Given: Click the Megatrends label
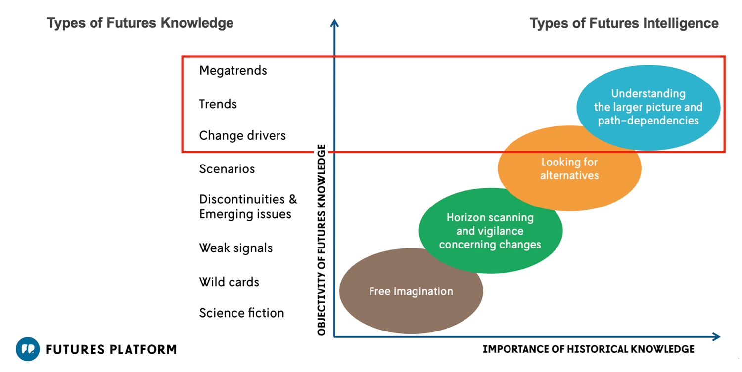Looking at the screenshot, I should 233,71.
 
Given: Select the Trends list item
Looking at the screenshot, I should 218,104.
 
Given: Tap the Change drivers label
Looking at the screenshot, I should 242,136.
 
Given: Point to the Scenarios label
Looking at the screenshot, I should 227,169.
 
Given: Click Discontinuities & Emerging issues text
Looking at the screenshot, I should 248,207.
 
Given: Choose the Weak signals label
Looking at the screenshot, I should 235,248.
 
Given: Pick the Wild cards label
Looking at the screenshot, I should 229,282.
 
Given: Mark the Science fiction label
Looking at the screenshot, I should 241,313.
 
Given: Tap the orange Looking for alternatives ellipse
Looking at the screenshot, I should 569,168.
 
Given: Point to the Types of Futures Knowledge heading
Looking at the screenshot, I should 140,23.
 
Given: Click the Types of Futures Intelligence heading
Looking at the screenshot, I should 624,23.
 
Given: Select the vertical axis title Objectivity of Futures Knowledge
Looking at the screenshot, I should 322,240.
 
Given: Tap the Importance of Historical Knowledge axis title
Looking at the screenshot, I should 588,349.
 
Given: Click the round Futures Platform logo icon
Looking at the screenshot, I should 27,349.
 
